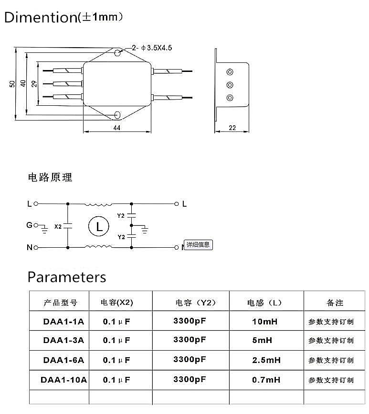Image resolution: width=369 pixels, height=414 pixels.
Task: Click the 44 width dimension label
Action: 116,128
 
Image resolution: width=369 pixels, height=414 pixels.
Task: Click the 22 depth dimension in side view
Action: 232,128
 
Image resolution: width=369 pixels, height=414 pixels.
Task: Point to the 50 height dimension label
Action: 12,84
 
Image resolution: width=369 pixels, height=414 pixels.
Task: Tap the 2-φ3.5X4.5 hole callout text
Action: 152,48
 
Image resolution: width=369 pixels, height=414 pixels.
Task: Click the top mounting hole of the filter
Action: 117,53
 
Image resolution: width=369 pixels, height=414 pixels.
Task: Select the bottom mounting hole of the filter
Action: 117,115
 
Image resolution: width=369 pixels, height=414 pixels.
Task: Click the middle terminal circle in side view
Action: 230,85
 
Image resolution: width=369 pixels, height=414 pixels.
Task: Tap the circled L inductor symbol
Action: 99,227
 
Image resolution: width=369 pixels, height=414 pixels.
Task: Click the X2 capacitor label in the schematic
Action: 58,227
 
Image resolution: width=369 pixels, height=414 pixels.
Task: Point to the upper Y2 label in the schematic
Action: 121,216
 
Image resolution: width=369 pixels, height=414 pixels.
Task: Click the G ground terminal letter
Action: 30,225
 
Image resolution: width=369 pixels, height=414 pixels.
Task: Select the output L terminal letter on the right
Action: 184,204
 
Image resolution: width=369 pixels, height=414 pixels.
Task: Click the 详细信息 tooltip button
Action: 198,245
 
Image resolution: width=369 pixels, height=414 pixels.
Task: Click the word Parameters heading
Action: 67,277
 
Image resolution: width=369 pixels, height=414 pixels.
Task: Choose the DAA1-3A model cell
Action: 63,340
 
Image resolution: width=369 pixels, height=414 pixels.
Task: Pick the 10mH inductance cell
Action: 265,322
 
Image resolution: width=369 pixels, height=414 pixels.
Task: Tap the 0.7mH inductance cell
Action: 266,380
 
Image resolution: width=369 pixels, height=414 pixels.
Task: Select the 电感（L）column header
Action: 264,303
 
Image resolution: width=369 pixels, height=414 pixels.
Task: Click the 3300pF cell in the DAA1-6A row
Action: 190,359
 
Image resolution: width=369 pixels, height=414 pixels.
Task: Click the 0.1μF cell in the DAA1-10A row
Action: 116,380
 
